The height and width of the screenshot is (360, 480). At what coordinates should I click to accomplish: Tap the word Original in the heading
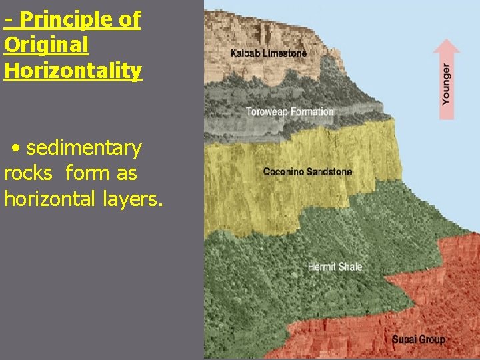[x=46, y=45]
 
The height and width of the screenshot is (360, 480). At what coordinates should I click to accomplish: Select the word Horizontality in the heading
[x=73, y=70]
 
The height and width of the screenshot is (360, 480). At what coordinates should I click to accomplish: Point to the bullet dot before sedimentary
[x=15, y=147]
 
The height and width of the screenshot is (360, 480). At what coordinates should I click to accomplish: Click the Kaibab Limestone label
[x=269, y=53]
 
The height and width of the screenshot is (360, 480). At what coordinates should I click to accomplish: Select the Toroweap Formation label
[x=290, y=111]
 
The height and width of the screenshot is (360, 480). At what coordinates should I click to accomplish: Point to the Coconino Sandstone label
[x=307, y=171]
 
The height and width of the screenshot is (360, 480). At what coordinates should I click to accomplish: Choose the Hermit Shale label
[x=335, y=267]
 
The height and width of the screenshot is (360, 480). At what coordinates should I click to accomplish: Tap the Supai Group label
[x=418, y=339]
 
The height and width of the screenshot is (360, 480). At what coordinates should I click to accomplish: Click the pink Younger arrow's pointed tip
[x=446, y=41]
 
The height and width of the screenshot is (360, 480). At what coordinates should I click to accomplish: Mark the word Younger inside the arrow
[x=446, y=84]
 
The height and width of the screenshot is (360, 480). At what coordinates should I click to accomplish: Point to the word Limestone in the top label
[x=285, y=53]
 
